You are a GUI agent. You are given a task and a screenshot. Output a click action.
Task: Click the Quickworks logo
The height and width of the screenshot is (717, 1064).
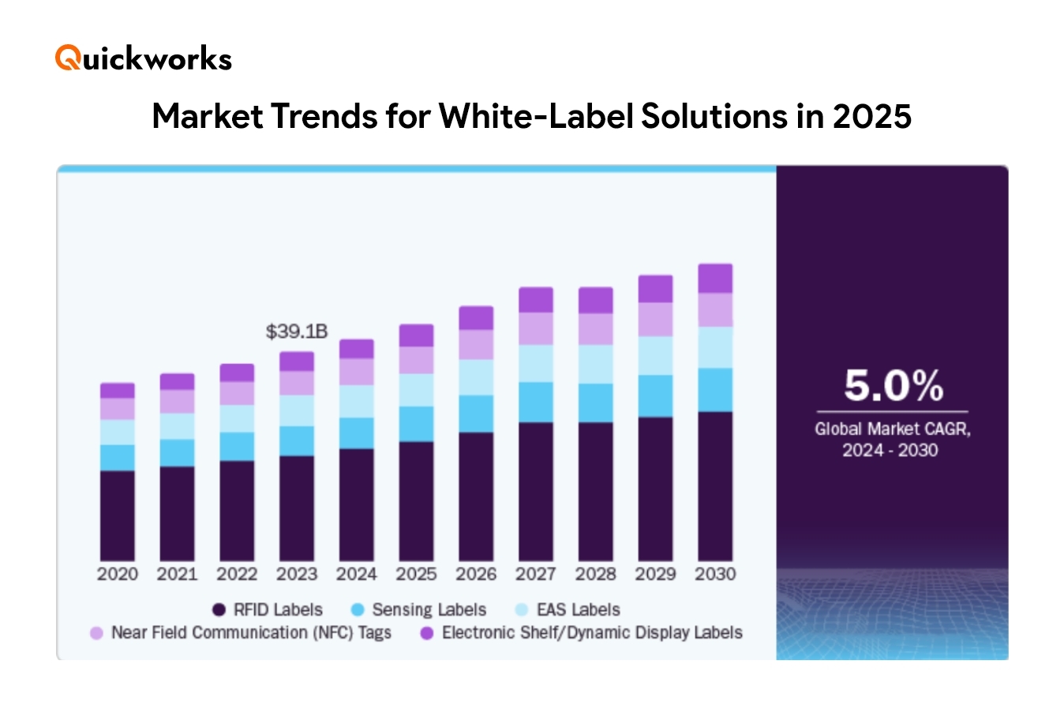pyautogui.click(x=144, y=58)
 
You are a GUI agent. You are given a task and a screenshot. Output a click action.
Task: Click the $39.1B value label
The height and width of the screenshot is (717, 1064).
pyautogui.click(x=296, y=332)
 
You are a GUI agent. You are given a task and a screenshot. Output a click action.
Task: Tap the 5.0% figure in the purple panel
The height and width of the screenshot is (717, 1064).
pyautogui.click(x=893, y=385)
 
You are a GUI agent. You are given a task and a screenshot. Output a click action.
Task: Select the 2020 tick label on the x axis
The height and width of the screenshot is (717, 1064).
pyautogui.click(x=117, y=574)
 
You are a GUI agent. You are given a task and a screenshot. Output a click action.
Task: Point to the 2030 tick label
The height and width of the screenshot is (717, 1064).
pyautogui.click(x=715, y=574)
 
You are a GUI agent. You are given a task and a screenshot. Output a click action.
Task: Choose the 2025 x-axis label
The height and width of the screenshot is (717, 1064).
pyautogui.click(x=416, y=574)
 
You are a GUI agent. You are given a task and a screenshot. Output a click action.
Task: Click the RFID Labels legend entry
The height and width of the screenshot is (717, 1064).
pyautogui.click(x=268, y=610)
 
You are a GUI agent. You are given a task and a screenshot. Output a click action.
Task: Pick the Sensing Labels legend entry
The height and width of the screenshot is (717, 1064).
pyautogui.click(x=419, y=610)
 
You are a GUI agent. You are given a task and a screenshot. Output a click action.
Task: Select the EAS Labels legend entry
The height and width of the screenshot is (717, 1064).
pyautogui.click(x=568, y=610)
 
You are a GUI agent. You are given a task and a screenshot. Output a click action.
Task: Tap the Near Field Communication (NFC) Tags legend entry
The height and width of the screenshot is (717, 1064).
pyautogui.click(x=242, y=633)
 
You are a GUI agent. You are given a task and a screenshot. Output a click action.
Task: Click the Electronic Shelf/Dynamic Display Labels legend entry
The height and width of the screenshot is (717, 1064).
pyautogui.click(x=582, y=633)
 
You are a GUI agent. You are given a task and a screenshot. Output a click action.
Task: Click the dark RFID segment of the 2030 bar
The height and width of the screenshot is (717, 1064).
pyautogui.click(x=715, y=486)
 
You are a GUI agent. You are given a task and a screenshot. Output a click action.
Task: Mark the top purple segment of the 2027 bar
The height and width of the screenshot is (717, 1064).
pyautogui.click(x=536, y=300)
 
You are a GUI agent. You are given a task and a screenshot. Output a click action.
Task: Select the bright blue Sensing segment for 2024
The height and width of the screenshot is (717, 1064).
pyautogui.click(x=356, y=433)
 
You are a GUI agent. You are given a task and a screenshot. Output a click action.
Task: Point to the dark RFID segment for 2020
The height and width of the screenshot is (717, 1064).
pyautogui.click(x=117, y=515)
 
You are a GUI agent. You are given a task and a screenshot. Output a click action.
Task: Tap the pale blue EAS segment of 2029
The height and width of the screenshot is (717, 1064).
pyautogui.click(x=655, y=355)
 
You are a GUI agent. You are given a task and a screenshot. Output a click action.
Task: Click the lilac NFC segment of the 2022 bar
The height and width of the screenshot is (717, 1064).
pyautogui.click(x=237, y=393)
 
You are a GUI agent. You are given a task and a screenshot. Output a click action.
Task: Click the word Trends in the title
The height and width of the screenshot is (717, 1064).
pyautogui.click(x=324, y=116)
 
